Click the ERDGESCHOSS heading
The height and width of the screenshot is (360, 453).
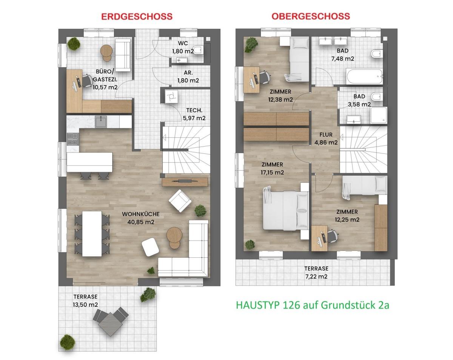pyautogui.click(x=137, y=16)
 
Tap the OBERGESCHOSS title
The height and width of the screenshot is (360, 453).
pyautogui.click(x=311, y=16)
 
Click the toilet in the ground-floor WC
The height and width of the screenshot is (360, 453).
pyautogui.click(x=198, y=50)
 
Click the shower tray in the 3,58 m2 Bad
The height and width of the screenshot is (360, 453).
pyautogui.click(x=379, y=115)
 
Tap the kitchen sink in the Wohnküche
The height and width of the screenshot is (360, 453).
pyautogui.click(x=101, y=122)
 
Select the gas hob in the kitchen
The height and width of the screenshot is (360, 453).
pyautogui.click(x=72, y=139)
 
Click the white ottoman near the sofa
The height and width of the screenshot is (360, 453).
pyautogui.click(x=150, y=247)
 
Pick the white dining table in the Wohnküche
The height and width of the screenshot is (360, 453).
pyautogui.click(x=92, y=233)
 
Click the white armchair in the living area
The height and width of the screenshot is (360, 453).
pyautogui.click(x=180, y=201)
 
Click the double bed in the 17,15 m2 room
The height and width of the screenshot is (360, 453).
pyautogui.click(x=285, y=210)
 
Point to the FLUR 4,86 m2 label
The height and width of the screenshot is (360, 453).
pyautogui.click(x=326, y=139)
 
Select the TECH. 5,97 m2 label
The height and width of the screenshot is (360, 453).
pyautogui.click(x=194, y=114)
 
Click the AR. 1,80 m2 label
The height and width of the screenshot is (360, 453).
pyautogui.click(x=188, y=76)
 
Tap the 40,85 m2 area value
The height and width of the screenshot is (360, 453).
pyautogui.click(x=141, y=222)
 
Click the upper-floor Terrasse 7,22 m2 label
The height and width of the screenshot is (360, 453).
pyautogui.click(x=316, y=273)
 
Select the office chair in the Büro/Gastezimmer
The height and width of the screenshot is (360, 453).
pyautogui.click(x=87, y=81)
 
